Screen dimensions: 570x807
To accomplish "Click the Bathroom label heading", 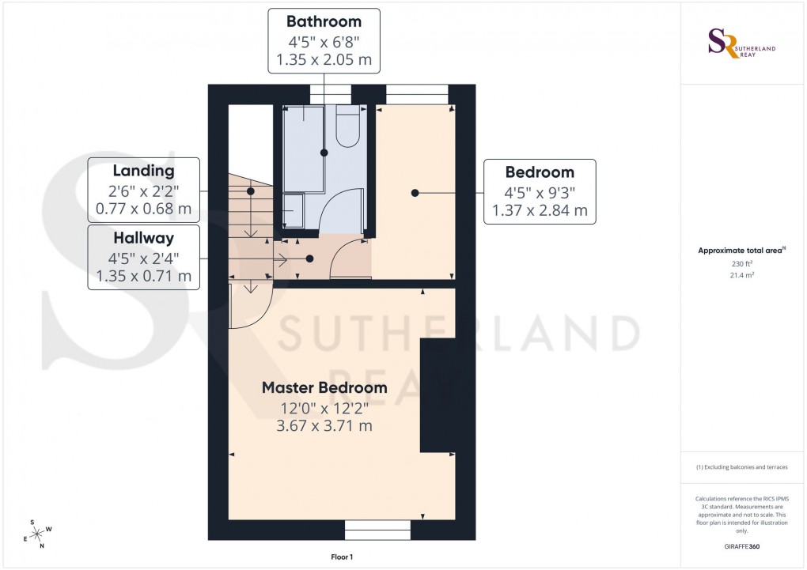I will coord(324,21).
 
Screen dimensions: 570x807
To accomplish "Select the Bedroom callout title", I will coord(540,172).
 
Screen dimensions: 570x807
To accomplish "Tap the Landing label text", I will coord(143,170).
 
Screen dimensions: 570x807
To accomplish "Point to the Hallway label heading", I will coord(143,237).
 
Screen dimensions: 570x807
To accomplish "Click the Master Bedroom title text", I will coord(324,387).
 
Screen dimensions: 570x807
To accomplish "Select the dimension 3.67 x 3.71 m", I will coord(324,426).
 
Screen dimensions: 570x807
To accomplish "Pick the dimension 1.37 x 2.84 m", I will coord(540,210).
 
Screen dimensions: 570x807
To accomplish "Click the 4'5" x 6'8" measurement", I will coord(324,40).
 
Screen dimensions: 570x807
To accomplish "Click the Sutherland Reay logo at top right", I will coord(741,43).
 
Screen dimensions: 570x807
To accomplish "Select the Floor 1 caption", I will coord(342,557).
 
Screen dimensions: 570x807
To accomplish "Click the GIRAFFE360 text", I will coord(741,546).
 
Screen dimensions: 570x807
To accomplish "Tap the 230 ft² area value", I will coord(741,265).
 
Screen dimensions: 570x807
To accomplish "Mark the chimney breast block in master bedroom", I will coord(437,395).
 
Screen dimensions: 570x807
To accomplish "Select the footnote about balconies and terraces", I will coord(741,467).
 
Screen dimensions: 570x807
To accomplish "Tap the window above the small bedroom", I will coord(417,94).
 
